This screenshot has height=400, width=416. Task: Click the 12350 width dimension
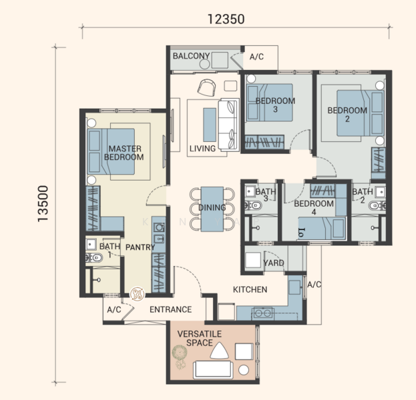click(x=226, y=19)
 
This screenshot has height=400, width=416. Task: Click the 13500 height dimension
click(x=43, y=203)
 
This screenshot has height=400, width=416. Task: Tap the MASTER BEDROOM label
click(x=124, y=153)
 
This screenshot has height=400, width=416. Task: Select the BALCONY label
click(x=191, y=56)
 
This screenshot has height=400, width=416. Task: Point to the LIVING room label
click(x=202, y=149)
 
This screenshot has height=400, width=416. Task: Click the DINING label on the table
click(x=212, y=207)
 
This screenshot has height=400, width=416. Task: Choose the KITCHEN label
click(x=250, y=289)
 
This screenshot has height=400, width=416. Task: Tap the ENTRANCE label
click(x=170, y=309)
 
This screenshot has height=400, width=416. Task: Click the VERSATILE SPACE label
click(x=200, y=338)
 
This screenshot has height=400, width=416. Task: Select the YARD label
click(x=274, y=263)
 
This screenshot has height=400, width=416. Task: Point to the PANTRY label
click(x=140, y=247)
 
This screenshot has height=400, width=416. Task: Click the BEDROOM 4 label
click(x=314, y=208)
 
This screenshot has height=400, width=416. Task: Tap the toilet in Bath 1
click(x=94, y=257)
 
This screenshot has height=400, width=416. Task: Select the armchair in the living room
click(x=206, y=88)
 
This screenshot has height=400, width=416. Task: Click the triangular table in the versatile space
click(x=219, y=351)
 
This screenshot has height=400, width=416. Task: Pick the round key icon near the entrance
click(x=137, y=294)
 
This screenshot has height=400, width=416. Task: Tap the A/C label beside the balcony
click(x=256, y=57)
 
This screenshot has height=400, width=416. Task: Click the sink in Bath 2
click(x=381, y=192)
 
